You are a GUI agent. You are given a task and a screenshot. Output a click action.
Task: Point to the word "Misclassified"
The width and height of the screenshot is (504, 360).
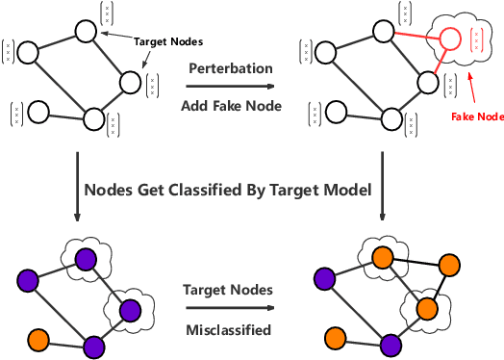coord(228,330)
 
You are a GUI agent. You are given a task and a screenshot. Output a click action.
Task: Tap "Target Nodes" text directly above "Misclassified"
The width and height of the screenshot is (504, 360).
coord(228,289)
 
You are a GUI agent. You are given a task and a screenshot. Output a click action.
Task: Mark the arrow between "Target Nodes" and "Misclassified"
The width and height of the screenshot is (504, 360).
coord(227,310)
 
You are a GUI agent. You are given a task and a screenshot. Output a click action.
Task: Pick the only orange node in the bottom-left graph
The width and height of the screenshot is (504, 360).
coord(38,338)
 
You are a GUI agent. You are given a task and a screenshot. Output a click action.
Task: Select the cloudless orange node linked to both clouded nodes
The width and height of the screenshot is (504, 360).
coord(447,266)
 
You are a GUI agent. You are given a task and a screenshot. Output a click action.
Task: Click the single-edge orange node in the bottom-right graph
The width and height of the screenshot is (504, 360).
coord(336,338)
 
